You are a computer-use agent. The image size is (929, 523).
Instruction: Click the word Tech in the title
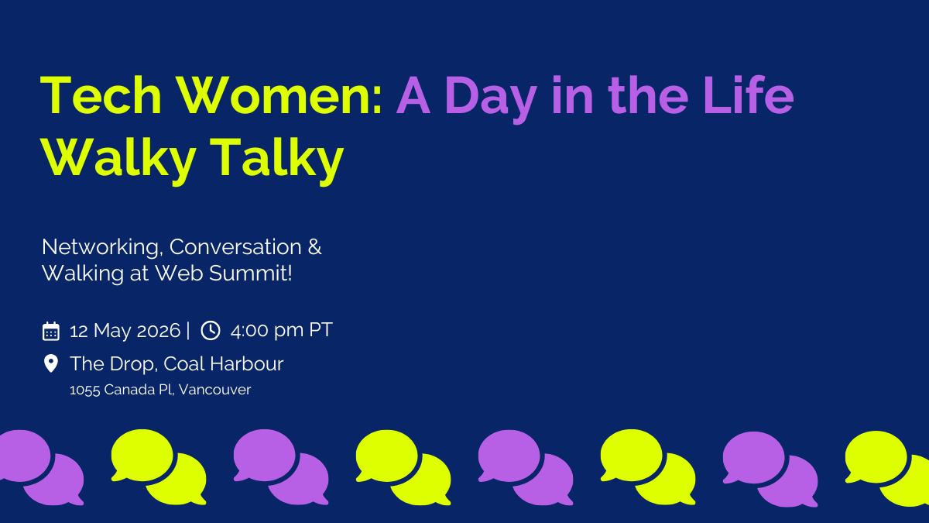pos(101,95)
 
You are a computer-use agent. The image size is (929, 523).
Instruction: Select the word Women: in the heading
pos(280,95)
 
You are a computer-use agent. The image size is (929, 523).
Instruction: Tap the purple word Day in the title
pos(491,99)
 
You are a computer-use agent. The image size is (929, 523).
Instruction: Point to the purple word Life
pos(749,95)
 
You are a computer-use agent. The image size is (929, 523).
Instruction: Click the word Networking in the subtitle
pos(100,247)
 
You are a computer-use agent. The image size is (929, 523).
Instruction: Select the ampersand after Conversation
pos(315,247)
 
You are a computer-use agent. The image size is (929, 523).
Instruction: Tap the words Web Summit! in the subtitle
pos(224,273)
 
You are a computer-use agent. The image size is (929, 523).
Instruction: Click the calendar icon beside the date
pos(51,332)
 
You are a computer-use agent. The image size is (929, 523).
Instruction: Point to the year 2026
pos(159,331)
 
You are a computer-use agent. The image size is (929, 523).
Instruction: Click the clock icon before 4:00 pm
pos(211,330)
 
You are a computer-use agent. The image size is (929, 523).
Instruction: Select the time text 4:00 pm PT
pos(281,330)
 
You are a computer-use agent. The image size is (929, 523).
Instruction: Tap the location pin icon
pos(50,363)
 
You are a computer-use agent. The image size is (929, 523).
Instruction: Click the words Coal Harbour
pos(224,364)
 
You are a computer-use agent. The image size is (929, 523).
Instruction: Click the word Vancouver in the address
pos(215,390)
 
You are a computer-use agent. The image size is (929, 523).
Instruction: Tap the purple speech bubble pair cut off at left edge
pos(42,467)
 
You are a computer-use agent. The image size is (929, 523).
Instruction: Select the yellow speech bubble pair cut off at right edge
pos(887,469)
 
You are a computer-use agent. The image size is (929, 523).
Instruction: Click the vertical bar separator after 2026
pos(188,331)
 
